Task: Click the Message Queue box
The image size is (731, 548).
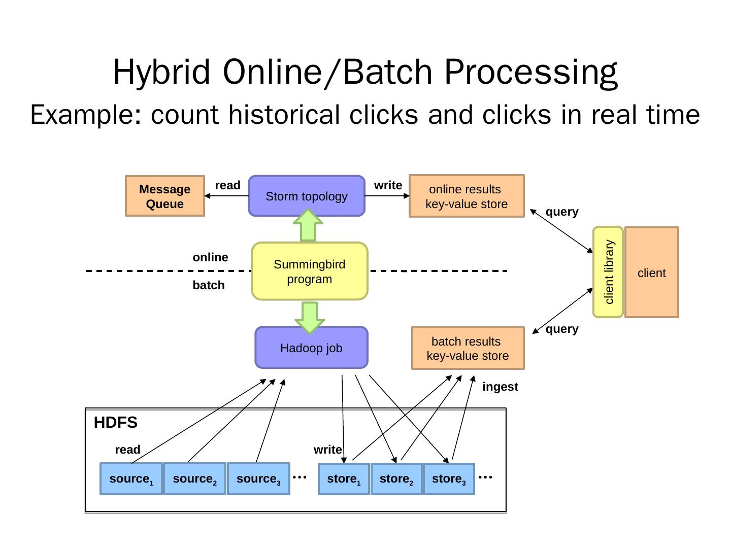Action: (165, 196)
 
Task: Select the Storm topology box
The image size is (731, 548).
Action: (307, 196)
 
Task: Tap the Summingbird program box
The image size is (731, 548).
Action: (309, 271)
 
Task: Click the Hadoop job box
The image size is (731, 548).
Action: (311, 348)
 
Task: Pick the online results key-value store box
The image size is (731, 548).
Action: (467, 196)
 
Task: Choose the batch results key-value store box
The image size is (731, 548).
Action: (468, 348)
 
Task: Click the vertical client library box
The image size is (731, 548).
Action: (608, 272)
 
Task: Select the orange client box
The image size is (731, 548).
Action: (652, 272)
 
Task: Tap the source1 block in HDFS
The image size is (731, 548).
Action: (131, 479)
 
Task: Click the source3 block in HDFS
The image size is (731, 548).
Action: (258, 479)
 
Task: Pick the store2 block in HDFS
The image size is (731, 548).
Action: (396, 479)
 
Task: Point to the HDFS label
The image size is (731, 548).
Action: (116, 422)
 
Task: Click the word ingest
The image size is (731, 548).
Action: (500, 387)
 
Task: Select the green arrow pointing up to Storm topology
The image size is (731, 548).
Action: (308, 225)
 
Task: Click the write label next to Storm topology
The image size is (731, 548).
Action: (388, 185)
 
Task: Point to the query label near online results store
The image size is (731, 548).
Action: (562, 212)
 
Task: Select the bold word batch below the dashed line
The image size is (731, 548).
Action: (209, 285)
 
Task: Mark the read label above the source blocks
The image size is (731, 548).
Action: (127, 450)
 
